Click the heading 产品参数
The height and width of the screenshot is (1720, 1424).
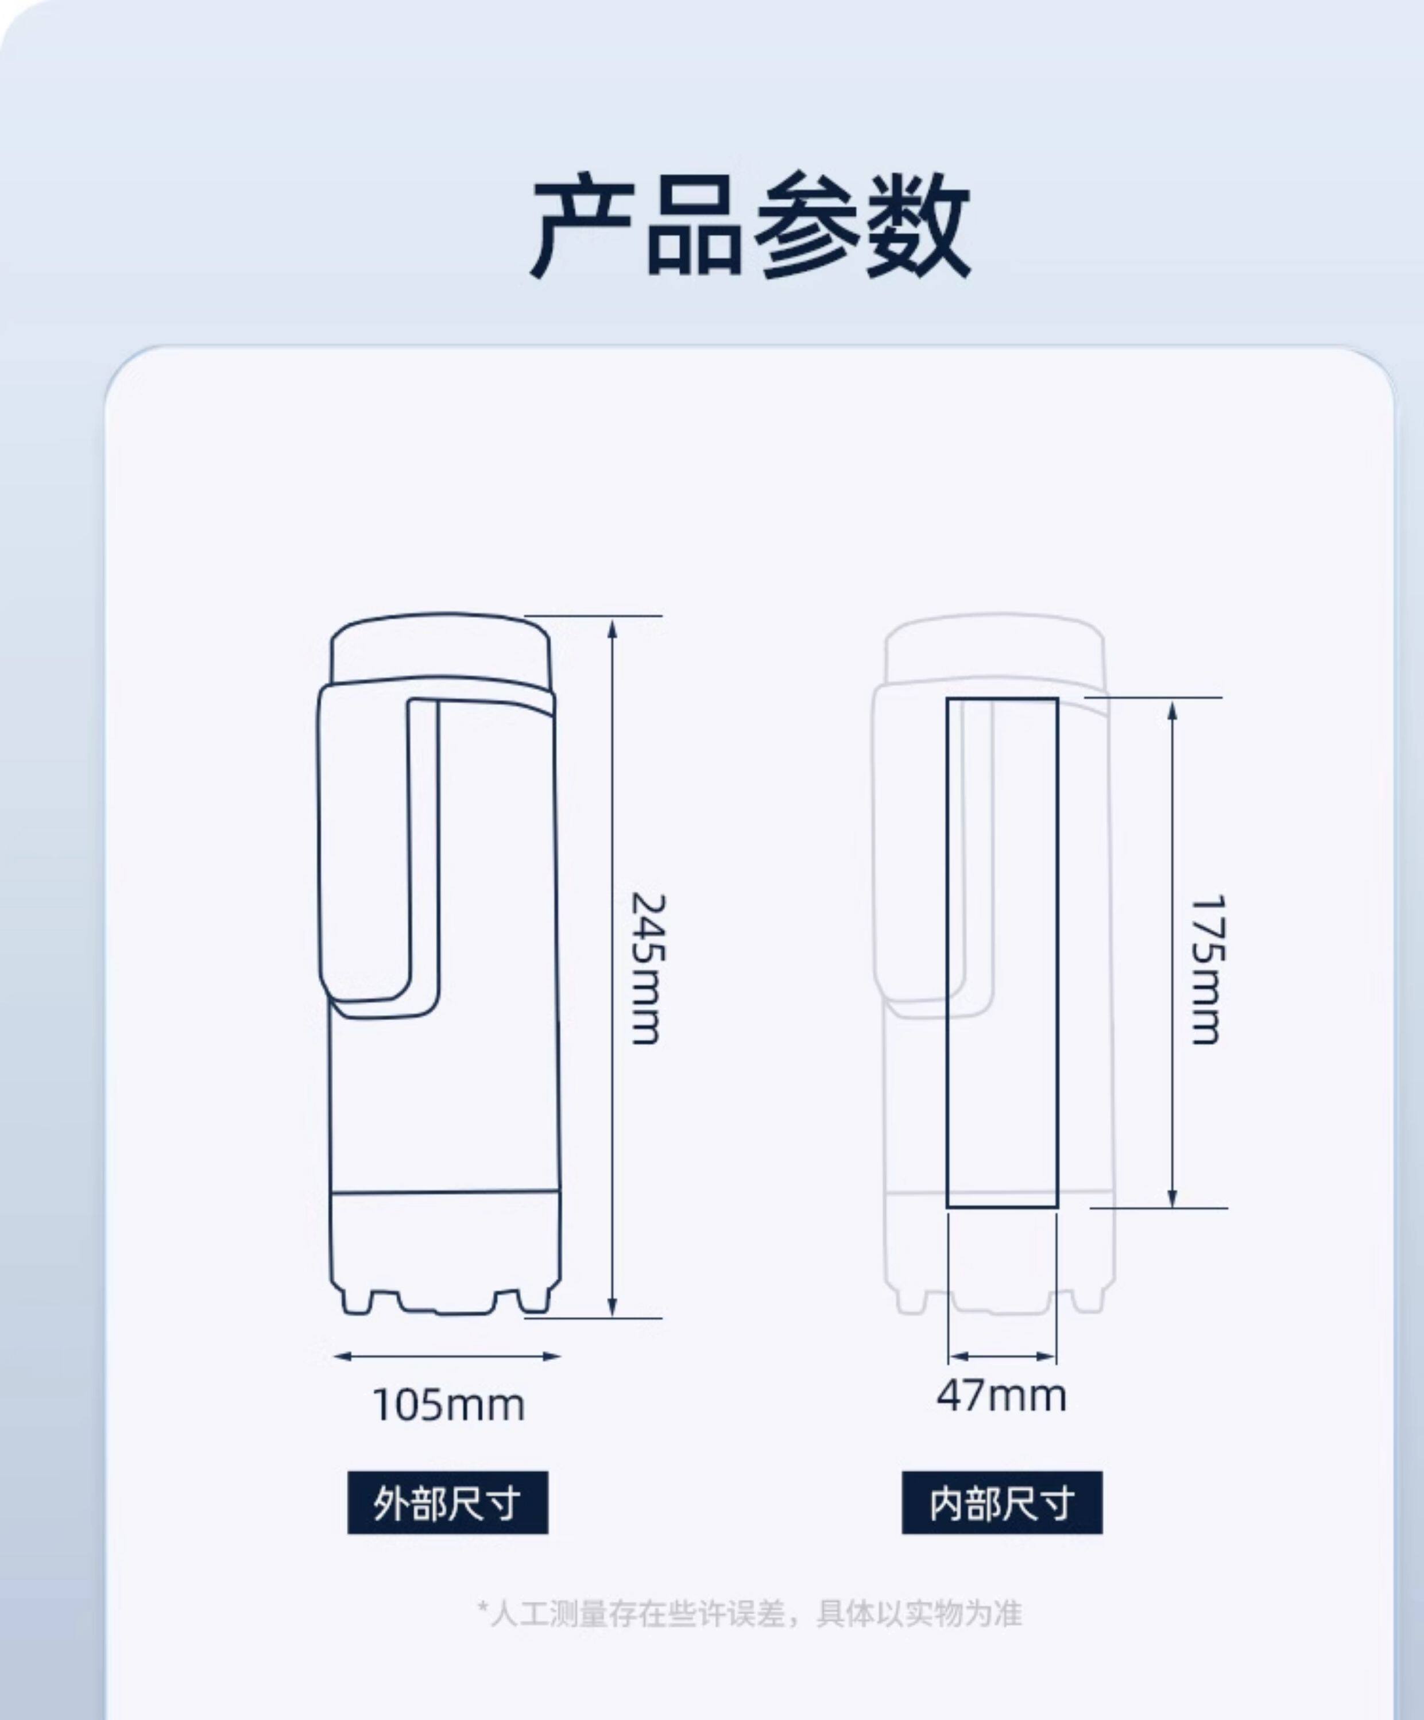pos(750,227)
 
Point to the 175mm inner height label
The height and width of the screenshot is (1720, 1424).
pos(1207,969)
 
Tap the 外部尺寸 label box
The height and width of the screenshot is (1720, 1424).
pos(447,1503)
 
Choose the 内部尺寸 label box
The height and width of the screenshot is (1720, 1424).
pos(1001,1503)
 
